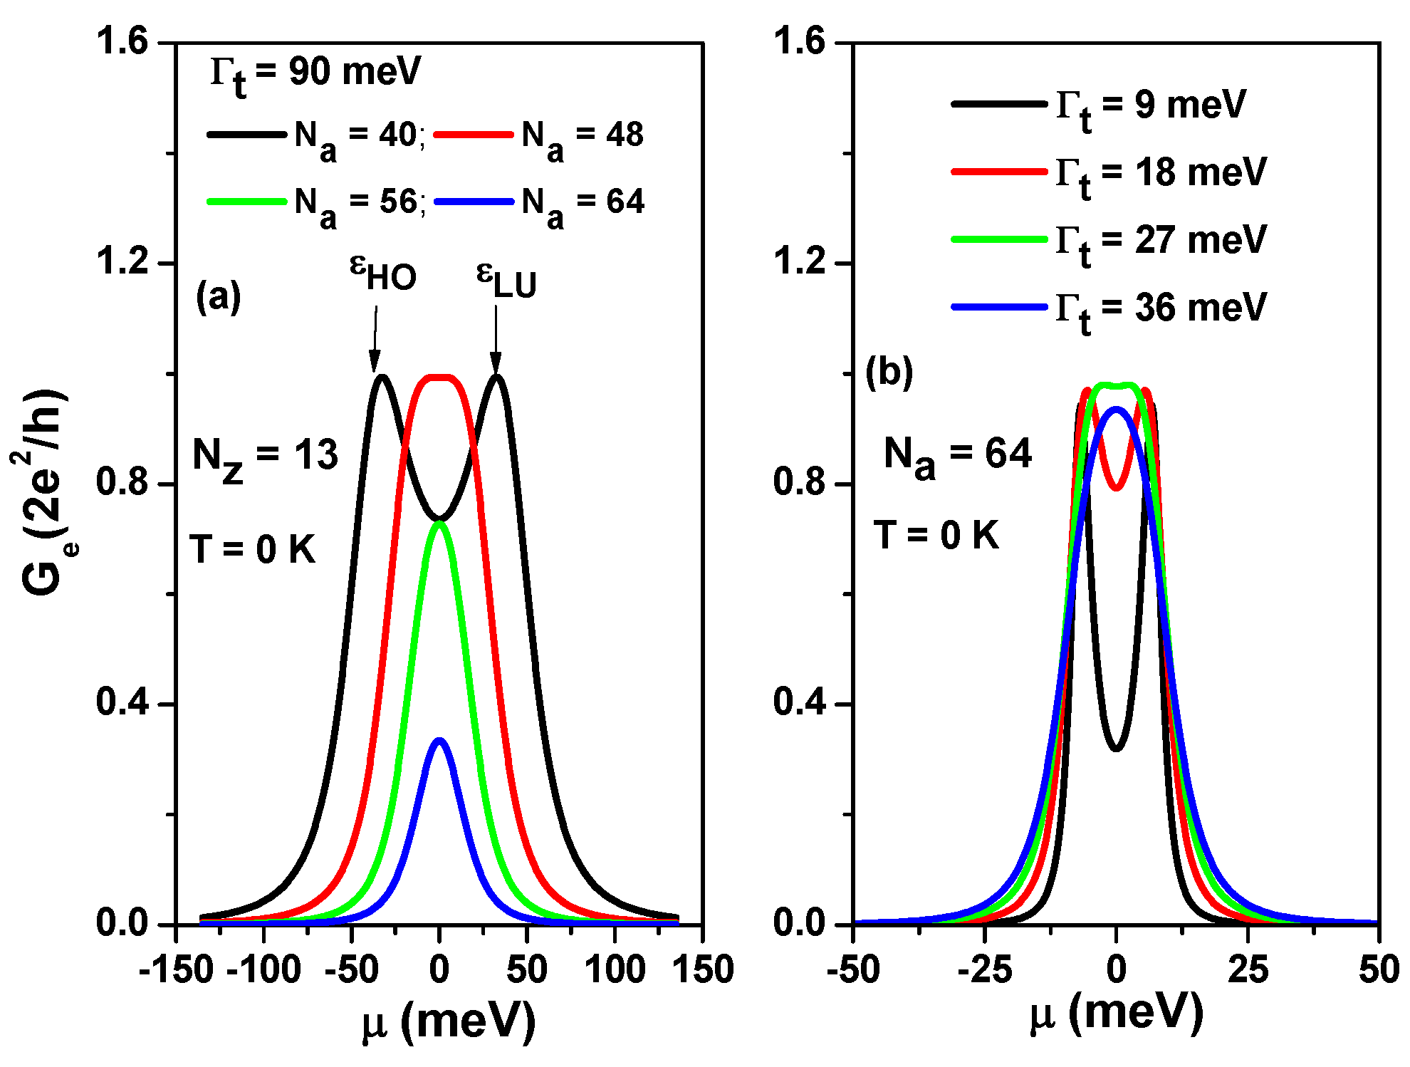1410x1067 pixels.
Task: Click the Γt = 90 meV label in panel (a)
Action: pos(315,73)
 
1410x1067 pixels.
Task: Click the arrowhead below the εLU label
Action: pos(496,363)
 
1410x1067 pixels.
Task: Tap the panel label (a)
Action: pos(219,296)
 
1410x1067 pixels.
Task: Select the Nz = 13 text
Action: pos(265,456)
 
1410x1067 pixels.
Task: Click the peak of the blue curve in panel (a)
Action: pos(439,740)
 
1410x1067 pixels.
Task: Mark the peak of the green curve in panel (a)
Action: pos(439,524)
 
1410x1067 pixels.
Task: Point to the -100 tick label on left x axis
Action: pos(264,970)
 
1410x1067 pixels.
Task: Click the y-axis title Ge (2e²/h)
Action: pos(43,491)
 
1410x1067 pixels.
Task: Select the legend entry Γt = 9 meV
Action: pos(1150,105)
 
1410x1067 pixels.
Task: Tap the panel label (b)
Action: pos(889,373)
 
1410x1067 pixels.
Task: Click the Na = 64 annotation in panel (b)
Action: pos(957,454)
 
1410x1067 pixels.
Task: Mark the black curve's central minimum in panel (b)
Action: pos(1116,749)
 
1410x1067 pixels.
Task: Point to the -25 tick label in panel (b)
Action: pos(985,970)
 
